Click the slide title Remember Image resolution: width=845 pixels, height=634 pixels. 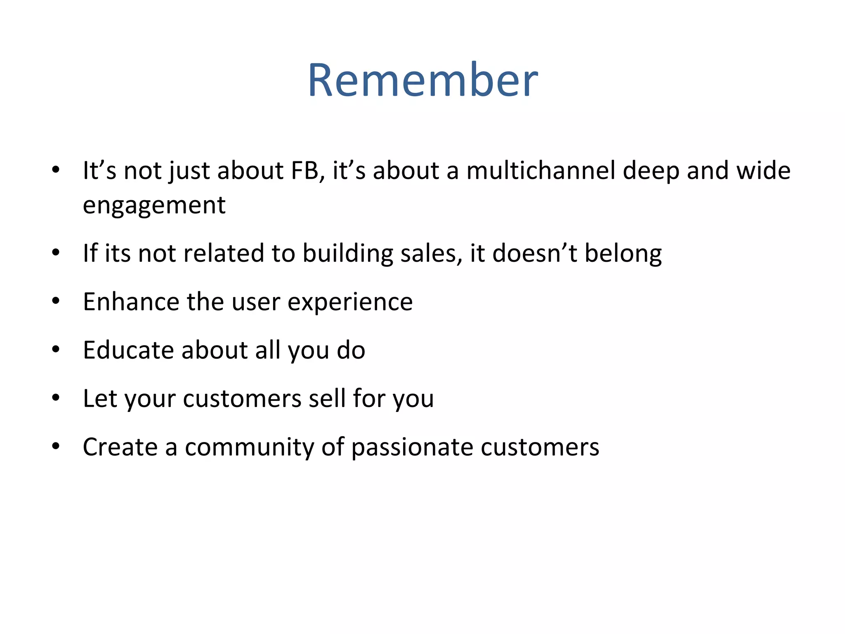[422, 80]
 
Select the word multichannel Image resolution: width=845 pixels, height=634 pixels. [541, 170]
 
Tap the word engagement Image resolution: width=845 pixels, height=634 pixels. [154, 205]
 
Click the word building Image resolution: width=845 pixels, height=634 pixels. [348, 253]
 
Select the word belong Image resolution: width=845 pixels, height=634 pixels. [623, 254]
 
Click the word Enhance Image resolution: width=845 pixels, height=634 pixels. [131, 302]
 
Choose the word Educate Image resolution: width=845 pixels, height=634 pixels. [128, 350]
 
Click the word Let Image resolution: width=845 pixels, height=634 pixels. [100, 399]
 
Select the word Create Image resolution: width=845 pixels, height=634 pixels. [120, 447]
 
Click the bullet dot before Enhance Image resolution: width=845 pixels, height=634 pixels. [56, 301]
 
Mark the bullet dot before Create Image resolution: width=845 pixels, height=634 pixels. [56, 447]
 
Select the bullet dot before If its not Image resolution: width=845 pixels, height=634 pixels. [56, 253]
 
